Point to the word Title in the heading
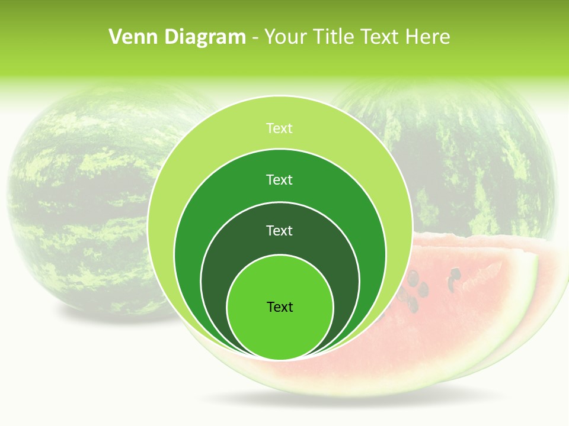(x=335, y=37)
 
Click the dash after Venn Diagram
(x=255, y=38)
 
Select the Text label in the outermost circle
(x=279, y=128)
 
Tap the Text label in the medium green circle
(x=279, y=179)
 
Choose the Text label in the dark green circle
(x=279, y=230)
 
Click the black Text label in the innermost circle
(x=280, y=306)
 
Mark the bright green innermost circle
(x=280, y=331)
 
